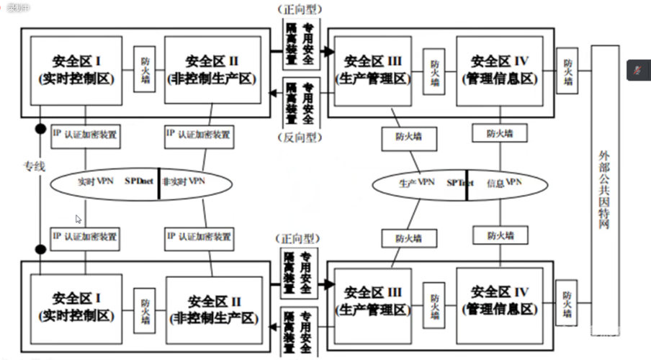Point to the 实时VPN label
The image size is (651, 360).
coord(96,182)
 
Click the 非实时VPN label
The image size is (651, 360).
coord(184,181)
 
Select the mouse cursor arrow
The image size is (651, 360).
coord(78,219)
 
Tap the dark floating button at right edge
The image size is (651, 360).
coord(638,69)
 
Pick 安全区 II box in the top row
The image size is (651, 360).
coord(213,70)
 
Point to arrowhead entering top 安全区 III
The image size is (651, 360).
coord(328,52)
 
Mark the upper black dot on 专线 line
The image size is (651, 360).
coord(41,130)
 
